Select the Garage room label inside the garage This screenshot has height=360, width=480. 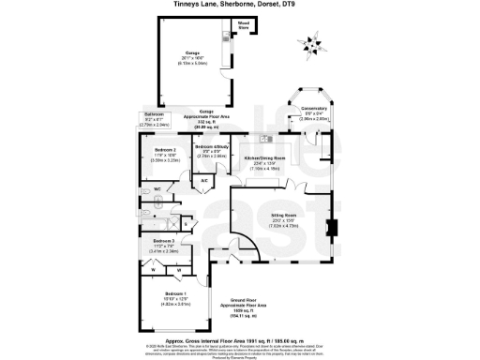click(192, 55)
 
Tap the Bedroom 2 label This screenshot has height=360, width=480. click(154, 157)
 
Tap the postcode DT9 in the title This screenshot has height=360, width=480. click(277, 5)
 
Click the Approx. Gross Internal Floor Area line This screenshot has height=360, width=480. click(240, 338)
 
